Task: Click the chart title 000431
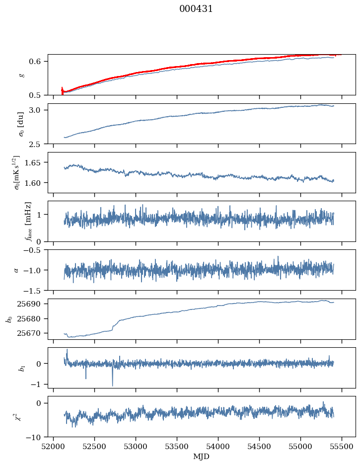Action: [196, 9]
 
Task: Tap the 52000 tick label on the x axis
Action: [54, 446]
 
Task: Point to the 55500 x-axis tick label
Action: [342, 446]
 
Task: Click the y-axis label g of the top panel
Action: [21, 75]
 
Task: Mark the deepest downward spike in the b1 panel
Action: [112, 386]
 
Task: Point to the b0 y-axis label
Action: [9, 318]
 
